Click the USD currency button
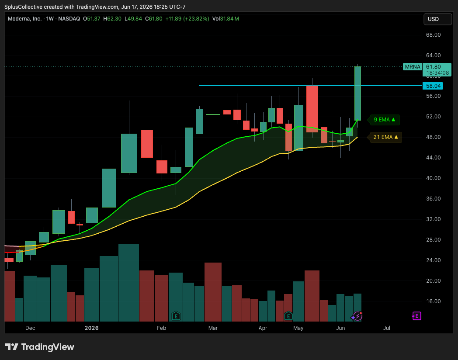click(x=437, y=19)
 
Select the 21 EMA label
click(x=385, y=137)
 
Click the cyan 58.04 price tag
click(x=433, y=86)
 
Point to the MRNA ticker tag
click(x=413, y=67)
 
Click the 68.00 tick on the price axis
click(x=433, y=35)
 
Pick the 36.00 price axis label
click(x=433, y=199)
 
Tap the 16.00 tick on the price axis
click(x=433, y=301)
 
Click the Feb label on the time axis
click(x=162, y=328)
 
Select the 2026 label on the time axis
click(x=92, y=328)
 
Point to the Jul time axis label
click(x=387, y=328)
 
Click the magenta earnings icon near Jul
click(x=416, y=316)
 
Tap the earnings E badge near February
click(x=176, y=316)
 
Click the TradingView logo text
click(x=48, y=347)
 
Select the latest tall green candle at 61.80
click(x=357, y=93)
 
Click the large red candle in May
click(x=312, y=109)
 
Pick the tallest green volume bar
click(x=128, y=283)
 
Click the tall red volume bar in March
click(x=213, y=292)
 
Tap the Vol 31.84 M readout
click(x=226, y=19)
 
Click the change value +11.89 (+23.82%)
click(x=187, y=19)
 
